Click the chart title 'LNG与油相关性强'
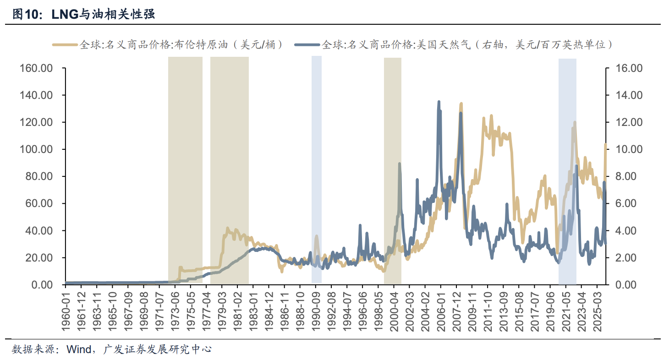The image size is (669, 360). click(x=103, y=14)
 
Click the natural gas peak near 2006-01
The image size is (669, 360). click(x=439, y=102)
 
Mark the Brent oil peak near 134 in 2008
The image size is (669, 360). click(x=461, y=104)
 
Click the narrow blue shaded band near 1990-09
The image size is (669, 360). click(x=317, y=169)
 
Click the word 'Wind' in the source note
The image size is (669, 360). click(x=79, y=349)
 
